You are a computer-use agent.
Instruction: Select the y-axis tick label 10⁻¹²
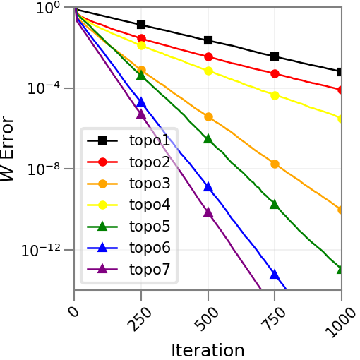click(x=47, y=251)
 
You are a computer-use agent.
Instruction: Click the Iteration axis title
click(x=208, y=349)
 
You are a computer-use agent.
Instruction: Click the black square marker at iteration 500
click(x=208, y=40)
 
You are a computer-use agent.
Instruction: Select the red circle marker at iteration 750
click(x=275, y=73)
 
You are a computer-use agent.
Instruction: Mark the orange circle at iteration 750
click(x=275, y=164)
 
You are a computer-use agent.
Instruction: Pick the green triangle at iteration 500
click(x=208, y=139)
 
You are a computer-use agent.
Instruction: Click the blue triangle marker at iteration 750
click(x=275, y=274)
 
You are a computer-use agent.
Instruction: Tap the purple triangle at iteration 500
click(x=208, y=212)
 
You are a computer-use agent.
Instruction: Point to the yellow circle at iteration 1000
click(x=342, y=119)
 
